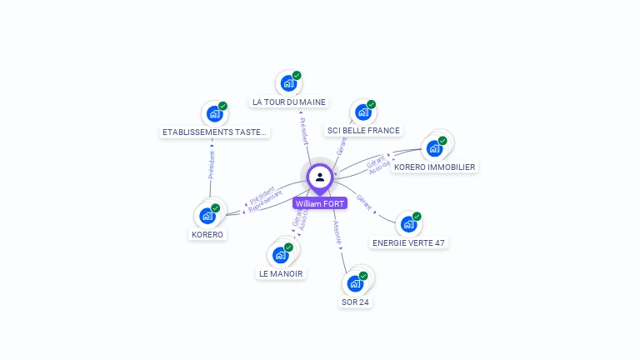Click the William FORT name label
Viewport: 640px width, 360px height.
[319, 203]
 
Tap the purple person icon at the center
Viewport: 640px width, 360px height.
[319, 177]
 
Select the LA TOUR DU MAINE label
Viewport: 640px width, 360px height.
[288, 102]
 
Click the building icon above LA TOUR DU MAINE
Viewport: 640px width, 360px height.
[287, 82]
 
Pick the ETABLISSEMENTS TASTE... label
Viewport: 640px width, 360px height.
[215, 132]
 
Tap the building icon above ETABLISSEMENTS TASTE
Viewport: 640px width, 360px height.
[214, 113]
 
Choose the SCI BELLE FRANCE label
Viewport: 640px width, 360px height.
[363, 130]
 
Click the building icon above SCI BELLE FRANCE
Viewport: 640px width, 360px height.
[362, 112]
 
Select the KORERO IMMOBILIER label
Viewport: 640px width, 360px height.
[434, 167]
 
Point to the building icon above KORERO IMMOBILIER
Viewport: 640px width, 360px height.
[433, 148]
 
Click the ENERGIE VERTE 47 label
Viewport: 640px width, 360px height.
[408, 242]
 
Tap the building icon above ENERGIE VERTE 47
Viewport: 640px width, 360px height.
[407, 224]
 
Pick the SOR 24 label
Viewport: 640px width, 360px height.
[355, 302]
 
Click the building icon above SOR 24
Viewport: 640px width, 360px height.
[355, 283]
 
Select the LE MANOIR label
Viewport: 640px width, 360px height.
[281, 273]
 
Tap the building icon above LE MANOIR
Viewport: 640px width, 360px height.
[280, 255]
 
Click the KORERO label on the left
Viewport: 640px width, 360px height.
[207, 234]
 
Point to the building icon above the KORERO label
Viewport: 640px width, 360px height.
[207, 216]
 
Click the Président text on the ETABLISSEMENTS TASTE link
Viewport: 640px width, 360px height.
[212, 165]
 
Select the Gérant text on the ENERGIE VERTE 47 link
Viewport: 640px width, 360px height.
[363, 202]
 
